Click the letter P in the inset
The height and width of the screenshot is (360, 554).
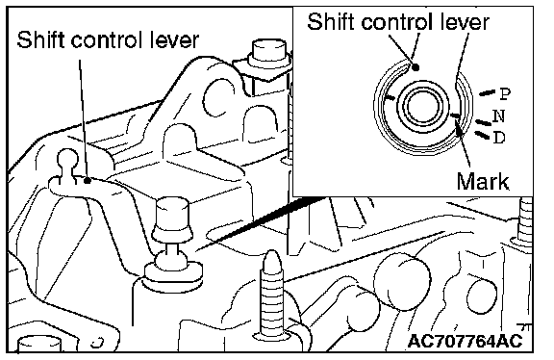505,94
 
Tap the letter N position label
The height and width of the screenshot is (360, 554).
498,116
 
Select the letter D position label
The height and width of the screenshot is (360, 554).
498,138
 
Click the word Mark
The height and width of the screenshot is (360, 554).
483,182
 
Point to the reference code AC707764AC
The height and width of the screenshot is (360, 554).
465,341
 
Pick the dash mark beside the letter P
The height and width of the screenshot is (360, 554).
487,93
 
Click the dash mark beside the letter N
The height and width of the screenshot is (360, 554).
483,122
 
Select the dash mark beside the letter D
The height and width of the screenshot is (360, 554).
482,135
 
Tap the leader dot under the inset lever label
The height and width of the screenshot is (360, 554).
416,66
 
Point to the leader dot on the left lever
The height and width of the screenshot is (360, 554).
88,180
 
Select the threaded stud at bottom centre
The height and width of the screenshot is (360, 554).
271,295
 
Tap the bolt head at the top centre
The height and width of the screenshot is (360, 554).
269,53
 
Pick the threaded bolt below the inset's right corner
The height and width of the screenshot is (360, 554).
525,222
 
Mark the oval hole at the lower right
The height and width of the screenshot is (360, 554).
481,296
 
